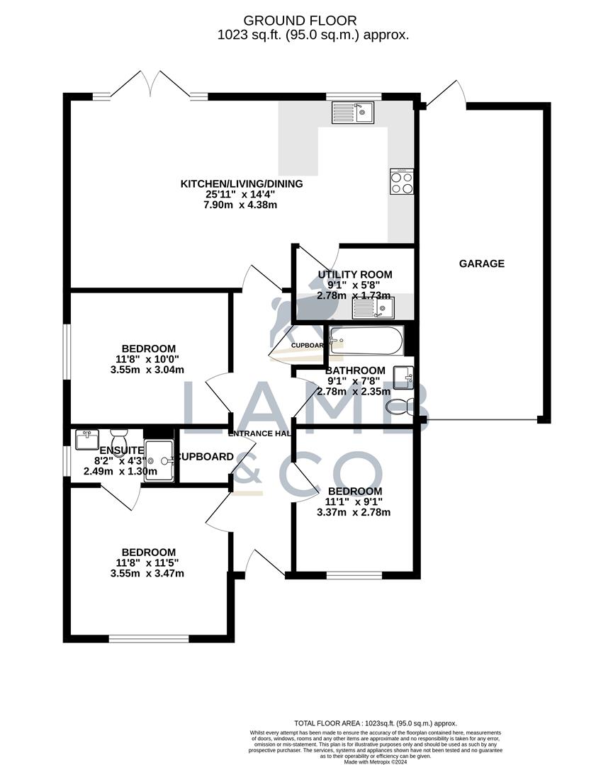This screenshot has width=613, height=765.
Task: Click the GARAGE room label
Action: (x=481, y=263)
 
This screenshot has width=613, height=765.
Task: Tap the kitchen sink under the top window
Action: (x=352, y=112)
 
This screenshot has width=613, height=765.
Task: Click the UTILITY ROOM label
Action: (x=354, y=275)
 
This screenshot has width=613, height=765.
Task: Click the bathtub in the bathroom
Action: (x=366, y=340)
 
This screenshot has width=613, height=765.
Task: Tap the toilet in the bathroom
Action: (x=401, y=407)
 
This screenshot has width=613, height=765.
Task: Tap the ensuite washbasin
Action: (x=87, y=439)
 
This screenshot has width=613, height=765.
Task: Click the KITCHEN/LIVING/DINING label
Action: (x=242, y=184)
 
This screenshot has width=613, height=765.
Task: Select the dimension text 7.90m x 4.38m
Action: (x=242, y=205)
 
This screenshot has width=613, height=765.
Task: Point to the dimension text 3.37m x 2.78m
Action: (x=355, y=512)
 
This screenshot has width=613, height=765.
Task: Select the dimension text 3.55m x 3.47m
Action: (x=147, y=573)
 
